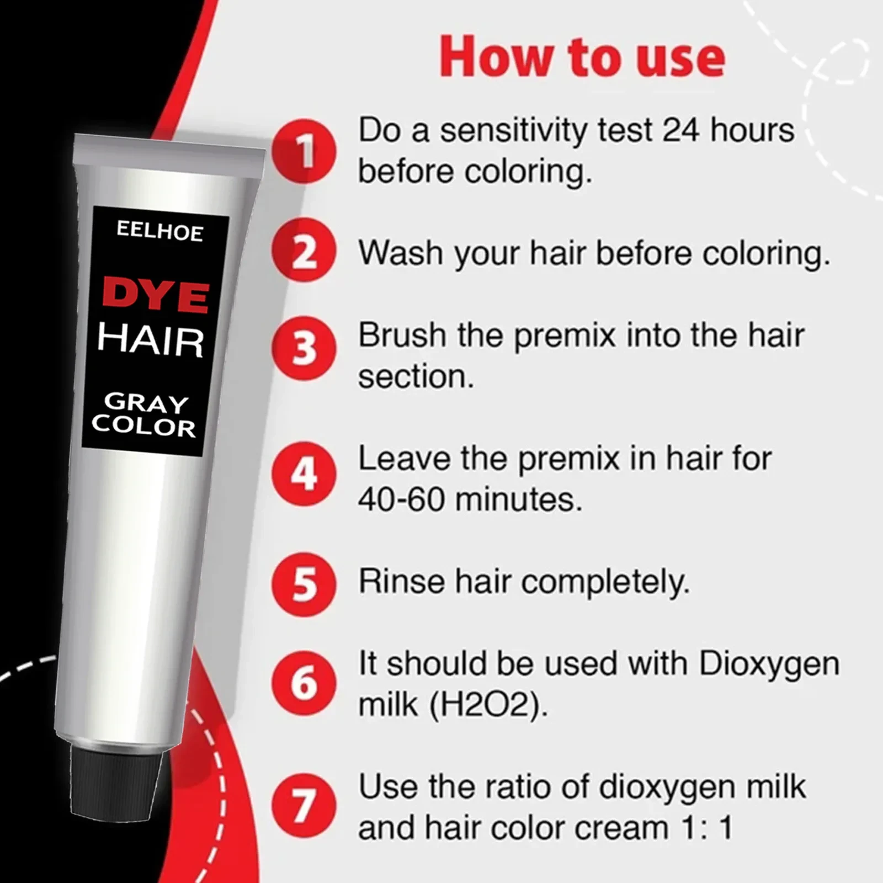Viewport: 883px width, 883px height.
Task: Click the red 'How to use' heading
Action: click(582, 57)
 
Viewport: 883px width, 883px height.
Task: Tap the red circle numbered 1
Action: click(304, 151)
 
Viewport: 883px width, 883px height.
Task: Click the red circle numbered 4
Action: click(304, 474)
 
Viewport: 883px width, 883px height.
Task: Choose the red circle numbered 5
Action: click(304, 584)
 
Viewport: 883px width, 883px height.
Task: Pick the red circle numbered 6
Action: click(304, 683)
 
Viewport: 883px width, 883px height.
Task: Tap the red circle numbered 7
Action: click(304, 805)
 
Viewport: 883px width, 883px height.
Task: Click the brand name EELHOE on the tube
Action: click(159, 232)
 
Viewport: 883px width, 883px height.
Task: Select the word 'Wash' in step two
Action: click(401, 253)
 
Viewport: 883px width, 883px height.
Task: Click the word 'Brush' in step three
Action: click(402, 335)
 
